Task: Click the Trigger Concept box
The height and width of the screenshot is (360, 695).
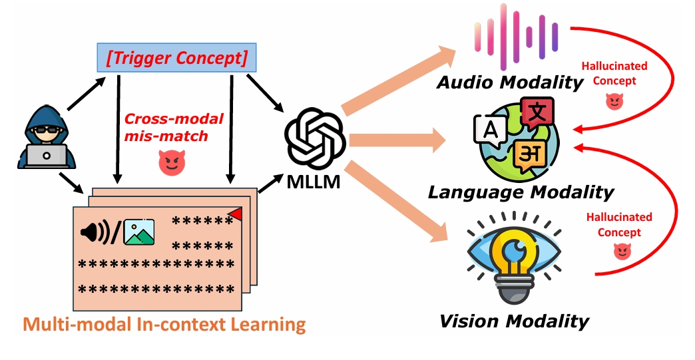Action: point(176,59)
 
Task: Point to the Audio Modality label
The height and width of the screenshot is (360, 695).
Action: point(510,82)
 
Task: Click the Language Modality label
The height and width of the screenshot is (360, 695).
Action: point(520,192)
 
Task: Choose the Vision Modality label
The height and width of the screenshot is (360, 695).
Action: point(514,321)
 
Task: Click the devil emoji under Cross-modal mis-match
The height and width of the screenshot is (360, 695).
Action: point(170,163)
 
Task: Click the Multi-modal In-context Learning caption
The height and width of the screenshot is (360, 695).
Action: point(164,325)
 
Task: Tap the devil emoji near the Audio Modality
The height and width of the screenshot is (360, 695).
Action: point(613,101)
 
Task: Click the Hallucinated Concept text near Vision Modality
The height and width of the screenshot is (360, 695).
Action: point(619,225)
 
